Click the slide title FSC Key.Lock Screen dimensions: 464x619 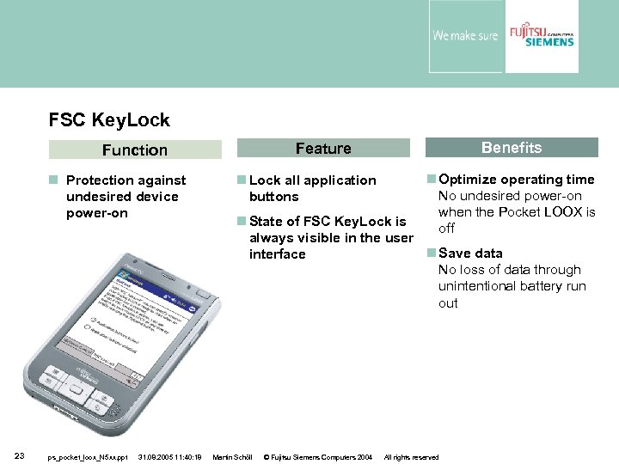click(x=109, y=120)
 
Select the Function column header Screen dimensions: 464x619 click(x=134, y=150)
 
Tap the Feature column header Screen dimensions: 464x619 click(x=323, y=149)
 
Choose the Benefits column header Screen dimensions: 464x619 click(x=511, y=148)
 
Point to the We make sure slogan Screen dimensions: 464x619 click(x=465, y=36)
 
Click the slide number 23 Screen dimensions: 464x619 click(x=19, y=456)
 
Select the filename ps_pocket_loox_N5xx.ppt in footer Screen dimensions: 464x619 click(x=88, y=457)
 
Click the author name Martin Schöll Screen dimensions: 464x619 click(x=231, y=457)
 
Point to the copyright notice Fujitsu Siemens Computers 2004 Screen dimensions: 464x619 click(x=317, y=457)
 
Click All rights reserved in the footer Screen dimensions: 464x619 click(x=411, y=457)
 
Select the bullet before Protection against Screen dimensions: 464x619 click(x=53, y=180)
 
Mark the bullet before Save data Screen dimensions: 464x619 click(x=432, y=253)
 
